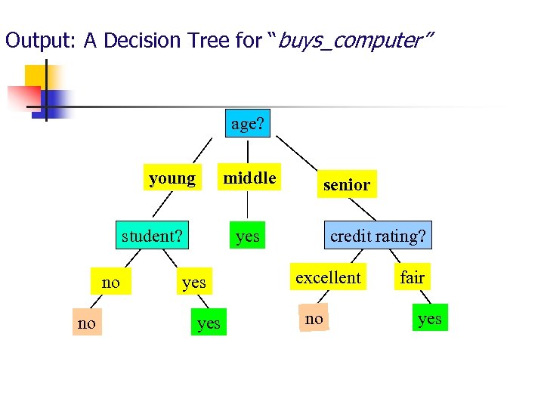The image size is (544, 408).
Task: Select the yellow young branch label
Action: [173, 178]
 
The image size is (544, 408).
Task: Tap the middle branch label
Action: [249, 178]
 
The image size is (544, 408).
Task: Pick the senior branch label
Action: [346, 184]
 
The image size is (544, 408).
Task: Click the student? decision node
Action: [152, 236]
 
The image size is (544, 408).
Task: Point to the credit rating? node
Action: [378, 236]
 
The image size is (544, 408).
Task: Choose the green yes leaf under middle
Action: [248, 236]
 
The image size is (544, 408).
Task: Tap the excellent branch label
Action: [328, 277]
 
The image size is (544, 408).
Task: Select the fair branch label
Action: [413, 277]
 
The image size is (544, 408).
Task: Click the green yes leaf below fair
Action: [429, 318]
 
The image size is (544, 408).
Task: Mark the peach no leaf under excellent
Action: [314, 319]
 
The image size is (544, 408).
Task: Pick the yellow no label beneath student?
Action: [110, 283]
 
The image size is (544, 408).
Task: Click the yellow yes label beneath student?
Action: [194, 283]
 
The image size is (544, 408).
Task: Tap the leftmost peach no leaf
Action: [87, 323]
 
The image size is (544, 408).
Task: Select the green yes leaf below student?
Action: [209, 323]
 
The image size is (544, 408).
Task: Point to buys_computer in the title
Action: [355, 41]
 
